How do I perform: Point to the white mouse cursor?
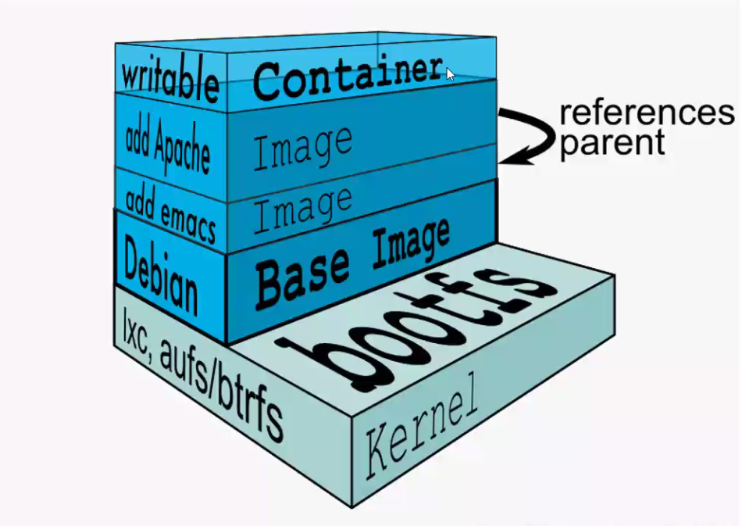tap(451, 73)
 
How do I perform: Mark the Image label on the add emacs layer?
tap(301, 207)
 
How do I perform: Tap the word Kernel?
tap(421, 429)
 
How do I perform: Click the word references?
tap(647, 114)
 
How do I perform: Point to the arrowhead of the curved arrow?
tap(508, 157)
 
